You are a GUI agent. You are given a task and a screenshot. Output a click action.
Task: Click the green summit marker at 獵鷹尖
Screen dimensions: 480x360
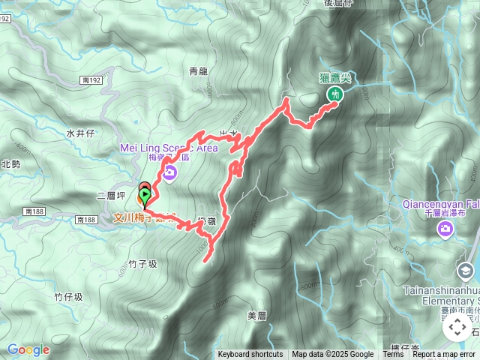[334, 94]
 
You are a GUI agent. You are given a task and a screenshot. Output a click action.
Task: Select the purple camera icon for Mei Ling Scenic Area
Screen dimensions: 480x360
[169, 173]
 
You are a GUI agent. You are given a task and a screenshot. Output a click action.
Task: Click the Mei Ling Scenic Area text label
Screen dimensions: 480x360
[169, 148]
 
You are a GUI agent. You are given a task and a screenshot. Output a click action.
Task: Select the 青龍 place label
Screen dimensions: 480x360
[198, 72]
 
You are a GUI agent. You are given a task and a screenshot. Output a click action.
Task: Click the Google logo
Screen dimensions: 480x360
[28, 349]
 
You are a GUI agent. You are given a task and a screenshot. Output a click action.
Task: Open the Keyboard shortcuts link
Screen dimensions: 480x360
[250, 355]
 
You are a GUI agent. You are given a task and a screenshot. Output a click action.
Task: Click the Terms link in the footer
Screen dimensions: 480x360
[393, 355]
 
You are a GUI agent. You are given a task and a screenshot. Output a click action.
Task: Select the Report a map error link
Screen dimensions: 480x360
[444, 355]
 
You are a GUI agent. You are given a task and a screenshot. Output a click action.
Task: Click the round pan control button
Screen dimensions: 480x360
[457, 326]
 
